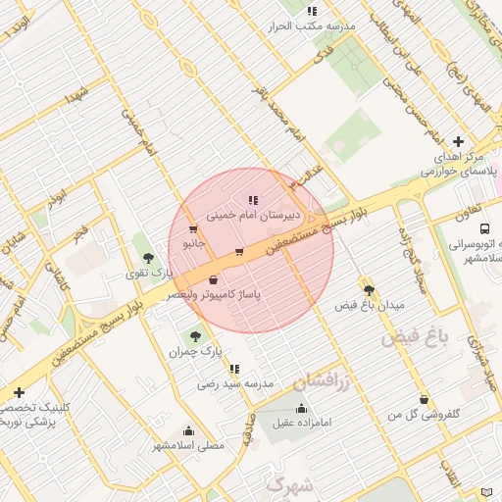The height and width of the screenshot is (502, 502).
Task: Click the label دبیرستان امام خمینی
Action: point(253,214)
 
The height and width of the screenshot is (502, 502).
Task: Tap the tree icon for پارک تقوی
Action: point(148,259)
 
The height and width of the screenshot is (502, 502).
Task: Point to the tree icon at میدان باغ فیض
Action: point(369,290)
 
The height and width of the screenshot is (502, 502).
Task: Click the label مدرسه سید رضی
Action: point(235,382)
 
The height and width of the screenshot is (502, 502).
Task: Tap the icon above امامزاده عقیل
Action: point(301,409)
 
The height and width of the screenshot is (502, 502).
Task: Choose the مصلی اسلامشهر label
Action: point(188,445)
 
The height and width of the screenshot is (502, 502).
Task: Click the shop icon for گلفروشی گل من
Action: point(424,400)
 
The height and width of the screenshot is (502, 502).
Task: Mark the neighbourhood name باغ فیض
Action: point(415,339)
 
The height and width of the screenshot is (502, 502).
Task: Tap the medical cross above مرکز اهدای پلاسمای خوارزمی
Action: point(458,142)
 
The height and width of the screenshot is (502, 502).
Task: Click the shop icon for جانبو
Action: point(193,229)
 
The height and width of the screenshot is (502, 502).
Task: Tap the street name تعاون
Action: point(468,212)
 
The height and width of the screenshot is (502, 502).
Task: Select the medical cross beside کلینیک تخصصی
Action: point(19,392)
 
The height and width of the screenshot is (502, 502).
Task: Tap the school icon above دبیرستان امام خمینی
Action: point(253,200)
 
